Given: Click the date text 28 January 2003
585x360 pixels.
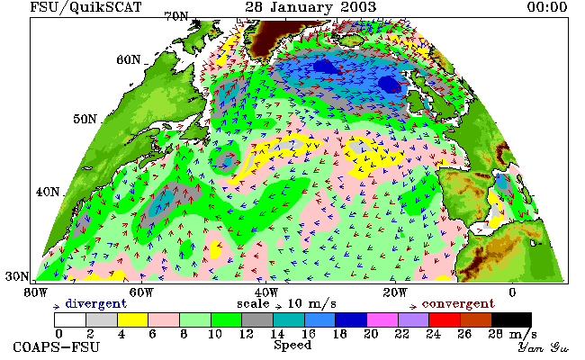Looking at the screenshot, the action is point(310,7).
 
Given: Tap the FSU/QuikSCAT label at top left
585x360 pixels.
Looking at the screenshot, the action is point(85,7).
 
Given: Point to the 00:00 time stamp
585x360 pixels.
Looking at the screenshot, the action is point(547,7).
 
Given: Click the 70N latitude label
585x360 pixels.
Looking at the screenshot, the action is point(176,17).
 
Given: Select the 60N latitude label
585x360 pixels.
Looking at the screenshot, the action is point(129,59).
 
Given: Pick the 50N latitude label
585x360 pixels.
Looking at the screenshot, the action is point(85,119).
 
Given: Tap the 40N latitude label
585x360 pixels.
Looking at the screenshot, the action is point(48,192).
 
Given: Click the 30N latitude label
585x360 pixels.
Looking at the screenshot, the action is point(17,276).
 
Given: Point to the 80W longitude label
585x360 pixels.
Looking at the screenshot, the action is point(35,292).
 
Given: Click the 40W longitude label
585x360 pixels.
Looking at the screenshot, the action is point(266,292).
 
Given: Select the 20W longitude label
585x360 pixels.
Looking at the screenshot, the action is point(395,292).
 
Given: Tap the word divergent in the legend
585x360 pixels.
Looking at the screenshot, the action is point(96,304).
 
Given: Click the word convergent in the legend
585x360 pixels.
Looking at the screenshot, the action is point(458,304).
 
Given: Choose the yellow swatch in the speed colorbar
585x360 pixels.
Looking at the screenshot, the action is point(133,320).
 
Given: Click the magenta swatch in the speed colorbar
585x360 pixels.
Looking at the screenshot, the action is point(382,320).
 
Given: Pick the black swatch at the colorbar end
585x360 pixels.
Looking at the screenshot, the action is point(511,320).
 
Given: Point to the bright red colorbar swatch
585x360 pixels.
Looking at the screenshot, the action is point(445,320).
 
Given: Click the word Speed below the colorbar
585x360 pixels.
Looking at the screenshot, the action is point(292,345).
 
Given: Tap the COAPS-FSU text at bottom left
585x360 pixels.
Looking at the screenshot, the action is point(57,346).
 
